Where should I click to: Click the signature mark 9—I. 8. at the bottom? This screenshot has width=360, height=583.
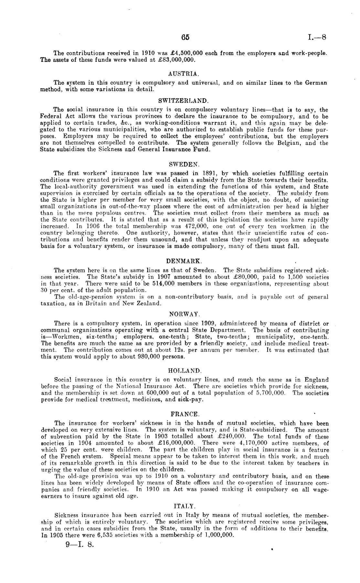(79, 545)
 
